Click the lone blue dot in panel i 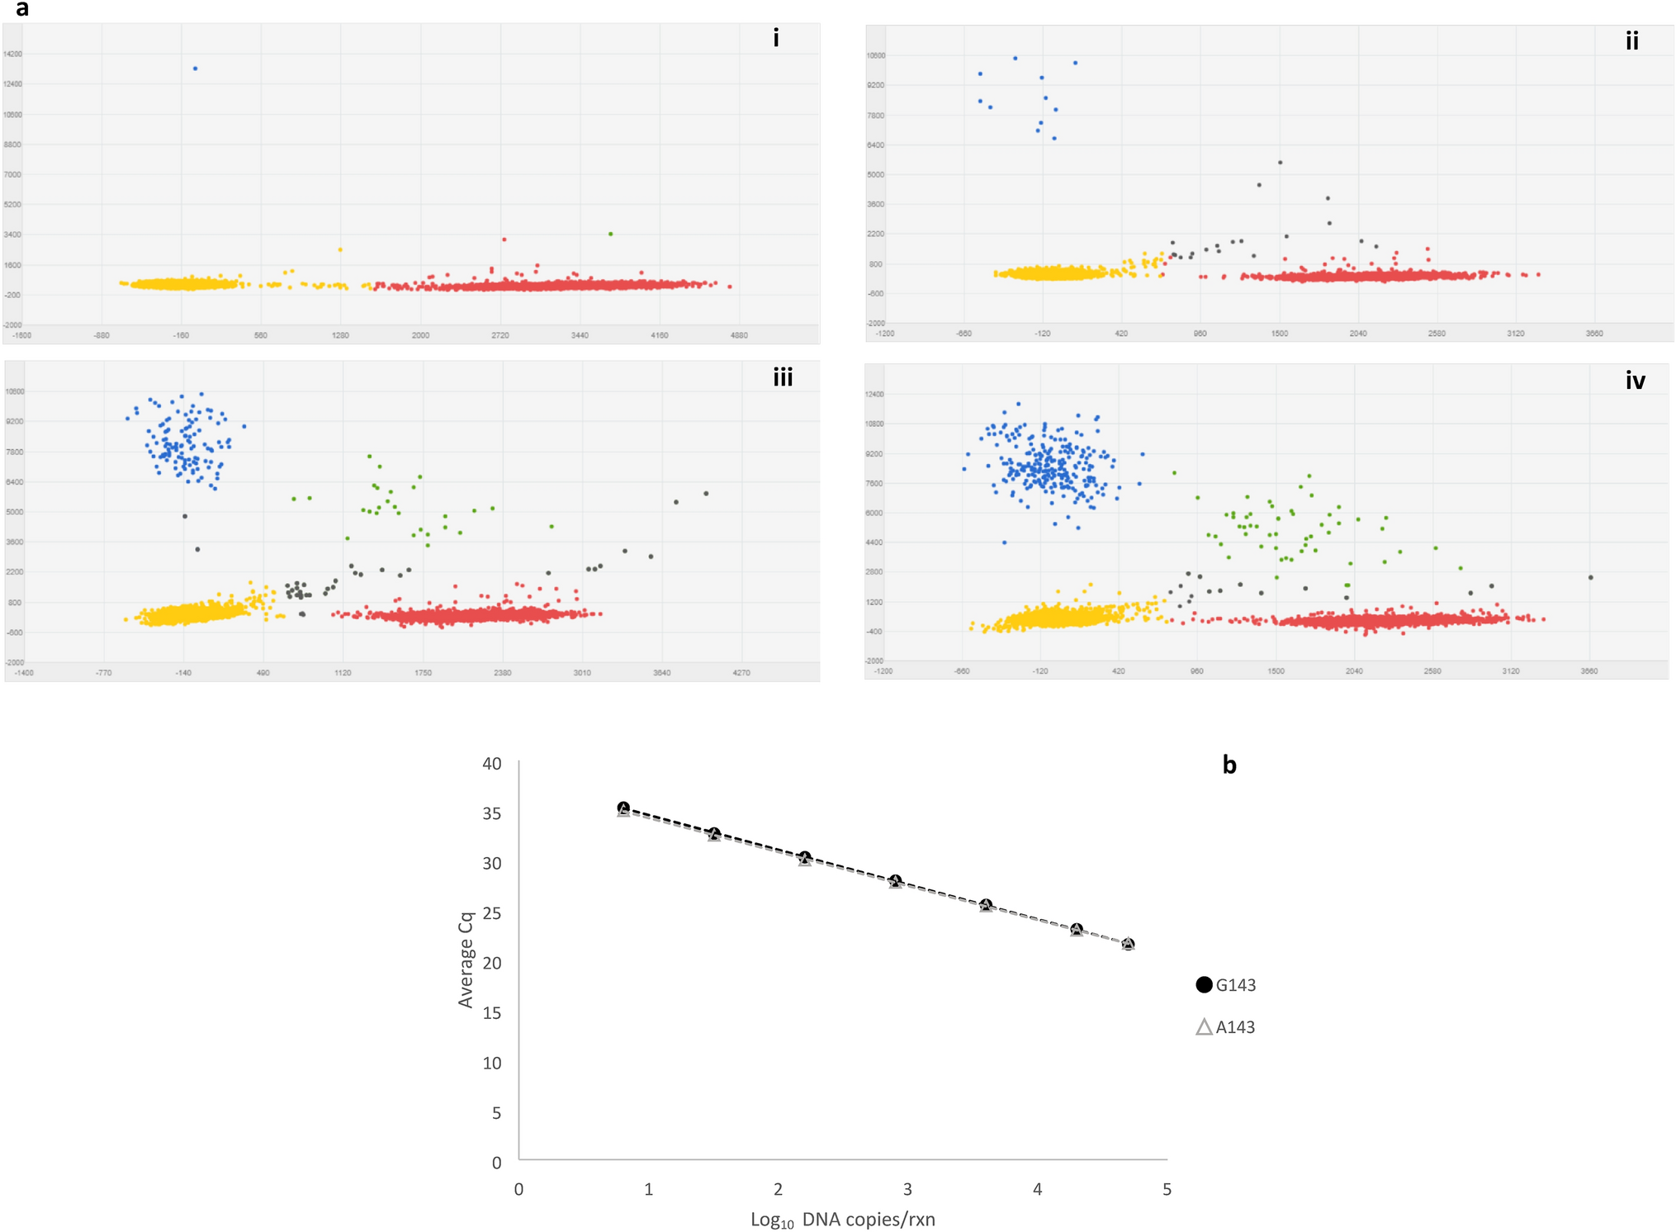click(x=195, y=69)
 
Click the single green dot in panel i click(x=610, y=234)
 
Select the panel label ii click(x=1631, y=41)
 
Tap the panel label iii click(x=783, y=378)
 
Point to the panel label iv click(x=1635, y=381)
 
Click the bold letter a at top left click(x=22, y=9)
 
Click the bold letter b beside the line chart click(x=1229, y=765)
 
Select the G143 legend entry click(x=1226, y=984)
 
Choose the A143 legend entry click(x=1226, y=1027)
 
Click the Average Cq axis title click(x=466, y=960)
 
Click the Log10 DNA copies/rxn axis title click(x=842, y=1220)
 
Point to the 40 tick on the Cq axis click(x=492, y=763)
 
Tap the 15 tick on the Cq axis click(x=492, y=1012)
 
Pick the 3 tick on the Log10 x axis click(x=907, y=1189)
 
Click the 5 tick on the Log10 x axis click(x=1167, y=1189)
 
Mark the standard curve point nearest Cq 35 click(x=624, y=808)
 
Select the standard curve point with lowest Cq click(x=1128, y=944)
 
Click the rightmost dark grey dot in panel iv click(x=1590, y=577)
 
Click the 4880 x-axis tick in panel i click(x=739, y=335)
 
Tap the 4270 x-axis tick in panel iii click(x=741, y=673)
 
